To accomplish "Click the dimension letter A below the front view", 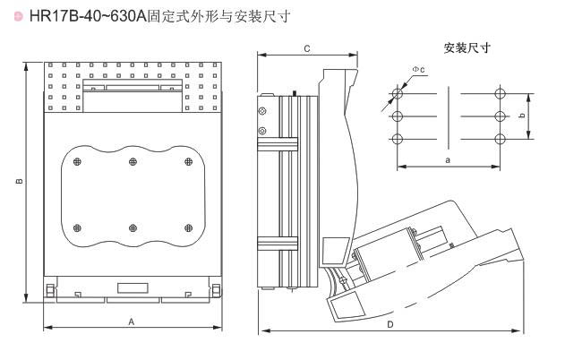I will tap(132, 321).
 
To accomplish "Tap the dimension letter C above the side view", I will tap(306, 47).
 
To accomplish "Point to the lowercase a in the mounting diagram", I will tap(448, 159).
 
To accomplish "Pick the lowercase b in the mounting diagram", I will tap(521, 115).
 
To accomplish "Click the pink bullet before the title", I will tap(7, 17).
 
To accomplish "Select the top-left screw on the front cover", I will tap(77, 161).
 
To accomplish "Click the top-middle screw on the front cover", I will tap(133, 161).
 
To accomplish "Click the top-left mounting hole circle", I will tap(398, 93).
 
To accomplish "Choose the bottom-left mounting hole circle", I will tap(398, 137).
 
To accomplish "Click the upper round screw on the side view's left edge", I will tap(261, 111).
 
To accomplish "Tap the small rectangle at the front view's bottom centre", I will tap(133, 287).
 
